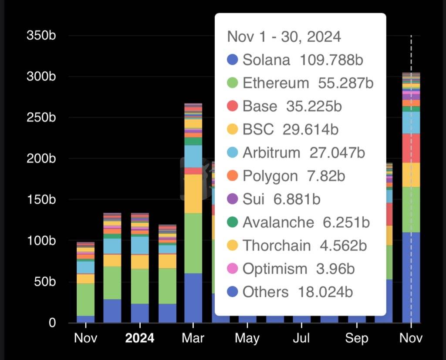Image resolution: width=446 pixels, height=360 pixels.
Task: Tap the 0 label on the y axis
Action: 52,323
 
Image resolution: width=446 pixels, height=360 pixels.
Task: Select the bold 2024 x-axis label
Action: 139,338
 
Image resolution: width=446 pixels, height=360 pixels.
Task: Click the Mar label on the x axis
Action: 193,338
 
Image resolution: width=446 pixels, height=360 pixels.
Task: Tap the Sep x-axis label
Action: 356,338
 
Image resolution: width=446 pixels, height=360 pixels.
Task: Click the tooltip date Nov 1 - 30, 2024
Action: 284,37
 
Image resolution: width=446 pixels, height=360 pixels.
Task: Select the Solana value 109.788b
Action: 331,60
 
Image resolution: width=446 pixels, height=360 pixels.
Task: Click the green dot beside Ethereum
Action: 233,83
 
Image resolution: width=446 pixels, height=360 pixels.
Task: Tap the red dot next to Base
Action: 233,106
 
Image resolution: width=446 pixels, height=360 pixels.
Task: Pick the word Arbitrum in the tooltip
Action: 271,153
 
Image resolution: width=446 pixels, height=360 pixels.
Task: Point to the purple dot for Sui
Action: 233,199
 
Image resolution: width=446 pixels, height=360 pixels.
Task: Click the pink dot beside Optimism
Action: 233,269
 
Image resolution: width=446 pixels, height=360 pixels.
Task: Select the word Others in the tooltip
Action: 265,292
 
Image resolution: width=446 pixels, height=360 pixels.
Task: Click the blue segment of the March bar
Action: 193,298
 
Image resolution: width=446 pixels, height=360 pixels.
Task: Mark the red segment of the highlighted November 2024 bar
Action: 411,148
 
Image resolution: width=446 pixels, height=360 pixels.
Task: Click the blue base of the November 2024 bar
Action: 411,279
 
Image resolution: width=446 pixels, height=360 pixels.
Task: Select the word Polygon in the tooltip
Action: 270,176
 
